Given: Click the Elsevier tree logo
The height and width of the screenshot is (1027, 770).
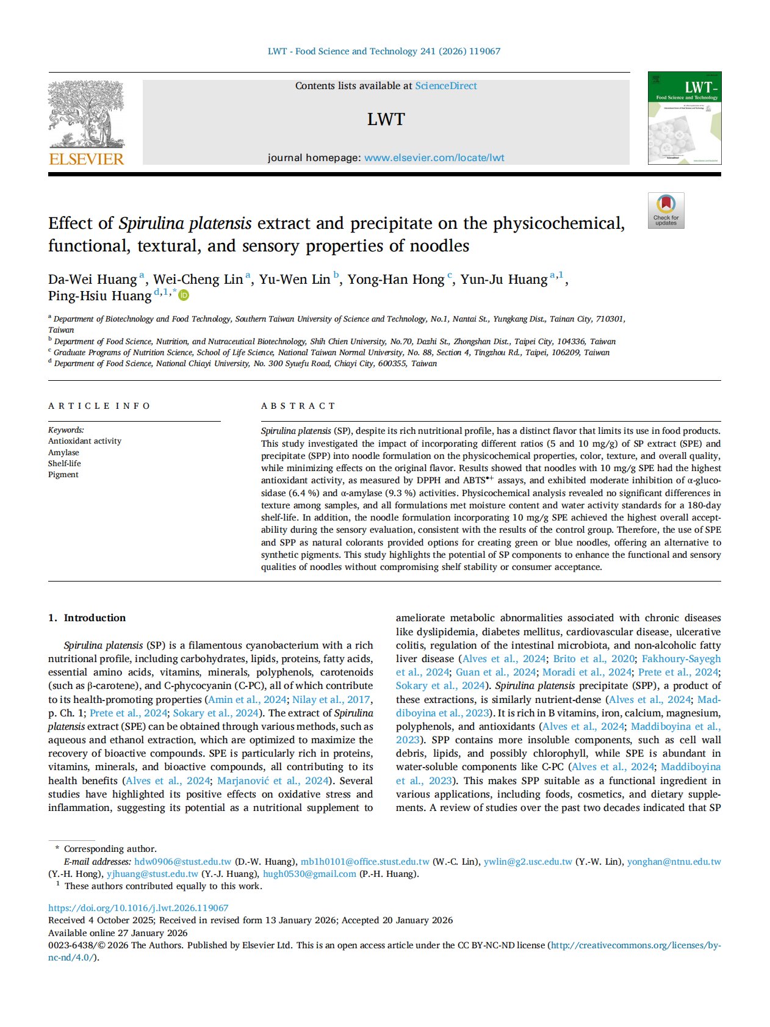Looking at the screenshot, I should pos(86,115).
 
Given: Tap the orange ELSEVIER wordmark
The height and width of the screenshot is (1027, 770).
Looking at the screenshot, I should pos(86,159).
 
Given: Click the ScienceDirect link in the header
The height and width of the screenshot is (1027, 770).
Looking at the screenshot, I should pos(446,86).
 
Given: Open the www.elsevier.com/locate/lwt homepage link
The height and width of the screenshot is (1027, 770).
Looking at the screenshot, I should pos(434,157).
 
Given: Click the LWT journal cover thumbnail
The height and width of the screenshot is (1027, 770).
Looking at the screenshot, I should pos(684,118).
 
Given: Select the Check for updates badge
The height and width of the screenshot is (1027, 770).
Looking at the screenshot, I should pos(666,211).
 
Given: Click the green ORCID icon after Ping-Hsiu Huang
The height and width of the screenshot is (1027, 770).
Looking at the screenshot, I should pos(184,296).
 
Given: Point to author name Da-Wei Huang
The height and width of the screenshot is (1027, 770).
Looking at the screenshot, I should pos(92,279).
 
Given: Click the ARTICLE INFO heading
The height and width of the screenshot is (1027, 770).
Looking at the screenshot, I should pos(99,406).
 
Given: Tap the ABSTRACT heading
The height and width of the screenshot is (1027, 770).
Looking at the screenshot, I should pos(298,406).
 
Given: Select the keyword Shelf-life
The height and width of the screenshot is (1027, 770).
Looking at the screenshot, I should pos(64,463).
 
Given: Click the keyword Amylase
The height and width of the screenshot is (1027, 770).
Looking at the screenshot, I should pos(63,452).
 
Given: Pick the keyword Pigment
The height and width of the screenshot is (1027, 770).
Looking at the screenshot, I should pos(63,474).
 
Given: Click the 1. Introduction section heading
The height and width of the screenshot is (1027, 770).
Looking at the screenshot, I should pos(87,618).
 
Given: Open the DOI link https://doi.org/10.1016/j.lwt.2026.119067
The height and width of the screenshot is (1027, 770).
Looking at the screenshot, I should pos(138,907).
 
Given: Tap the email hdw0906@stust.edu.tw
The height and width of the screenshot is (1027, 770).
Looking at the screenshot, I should pos(182,862).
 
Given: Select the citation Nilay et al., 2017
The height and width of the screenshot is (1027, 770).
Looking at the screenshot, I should pos(331,699).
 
